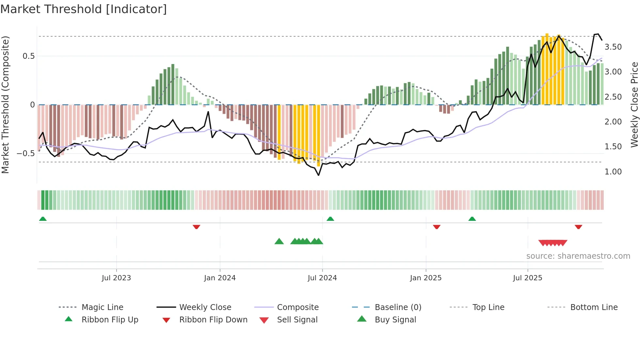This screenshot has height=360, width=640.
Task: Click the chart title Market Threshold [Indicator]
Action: tap(84, 9)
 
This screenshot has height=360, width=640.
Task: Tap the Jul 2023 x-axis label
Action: tap(116, 278)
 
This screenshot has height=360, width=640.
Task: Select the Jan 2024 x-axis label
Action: tap(220, 278)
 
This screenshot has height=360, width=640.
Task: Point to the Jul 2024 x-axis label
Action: tap(322, 278)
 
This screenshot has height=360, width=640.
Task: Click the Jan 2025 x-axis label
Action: tap(426, 278)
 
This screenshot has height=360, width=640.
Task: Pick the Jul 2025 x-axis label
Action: tap(528, 278)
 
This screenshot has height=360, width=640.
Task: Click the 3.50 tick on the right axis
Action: tap(613, 47)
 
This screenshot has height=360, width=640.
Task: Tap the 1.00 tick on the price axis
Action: tap(613, 172)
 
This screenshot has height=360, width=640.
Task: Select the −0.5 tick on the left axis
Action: tap(25, 154)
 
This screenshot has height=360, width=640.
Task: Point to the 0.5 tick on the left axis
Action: tap(28, 56)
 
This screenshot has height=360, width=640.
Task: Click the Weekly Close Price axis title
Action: tap(634, 105)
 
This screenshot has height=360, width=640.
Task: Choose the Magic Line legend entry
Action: tap(102, 307)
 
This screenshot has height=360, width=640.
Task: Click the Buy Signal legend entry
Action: tap(395, 320)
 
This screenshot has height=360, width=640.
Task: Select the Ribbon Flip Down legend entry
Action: tap(213, 320)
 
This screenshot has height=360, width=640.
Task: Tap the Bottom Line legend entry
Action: tap(594, 307)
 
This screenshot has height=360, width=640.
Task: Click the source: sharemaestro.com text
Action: tap(578, 256)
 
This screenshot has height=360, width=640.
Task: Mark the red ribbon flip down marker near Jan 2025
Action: tap(437, 227)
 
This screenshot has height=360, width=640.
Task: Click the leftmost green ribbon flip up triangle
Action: tap(43, 219)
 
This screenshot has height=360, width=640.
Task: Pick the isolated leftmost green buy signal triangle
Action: tap(279, 241)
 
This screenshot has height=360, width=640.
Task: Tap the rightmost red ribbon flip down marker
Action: tap(578, 227)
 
